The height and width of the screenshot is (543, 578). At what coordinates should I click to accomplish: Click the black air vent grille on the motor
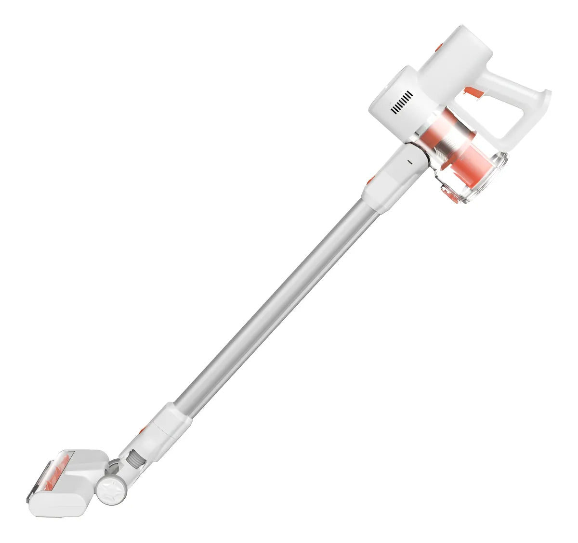[402, 102]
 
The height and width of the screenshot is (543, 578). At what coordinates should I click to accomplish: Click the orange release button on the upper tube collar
[370, 181]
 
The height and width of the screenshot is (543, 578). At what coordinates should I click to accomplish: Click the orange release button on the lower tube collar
[143, 430]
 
